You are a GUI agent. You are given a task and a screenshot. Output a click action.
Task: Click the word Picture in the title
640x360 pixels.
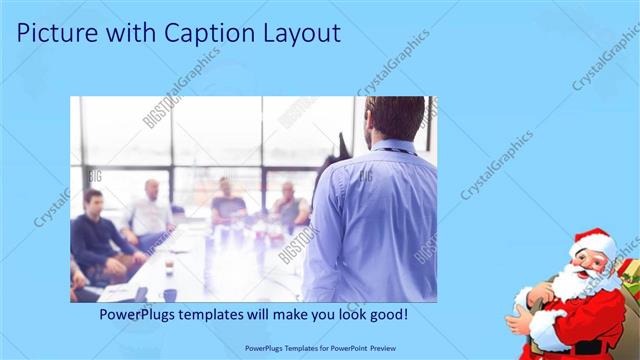tap(59, 33)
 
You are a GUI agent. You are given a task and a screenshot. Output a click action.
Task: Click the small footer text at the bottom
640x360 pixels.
tap(319, 349)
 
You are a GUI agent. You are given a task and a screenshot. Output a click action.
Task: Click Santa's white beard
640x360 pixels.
tap(571, 286)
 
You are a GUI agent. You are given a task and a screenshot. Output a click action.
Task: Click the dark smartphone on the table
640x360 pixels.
tap(141, 293)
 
